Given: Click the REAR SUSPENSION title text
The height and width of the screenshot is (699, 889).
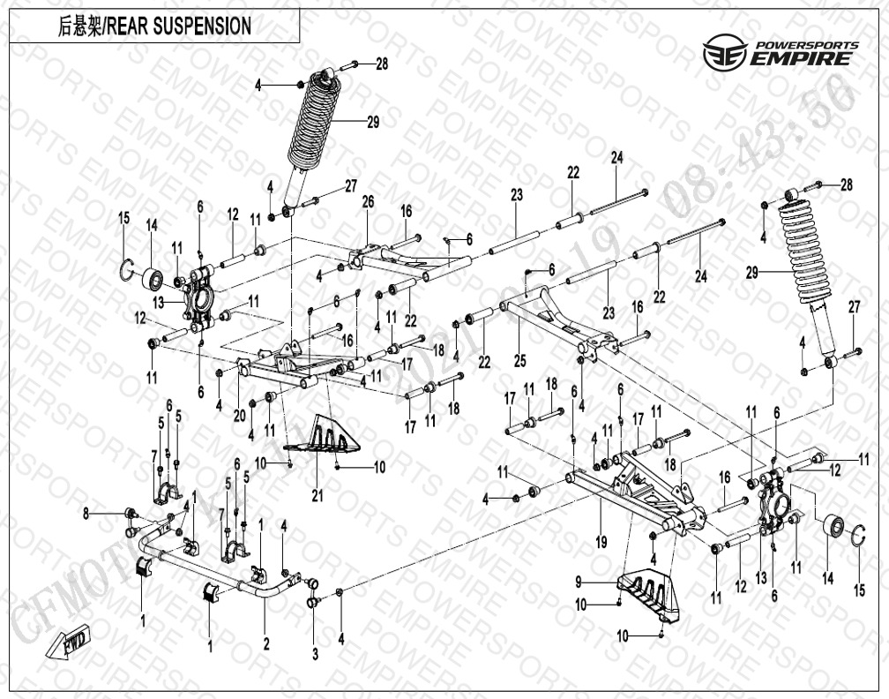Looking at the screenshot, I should (154, 26).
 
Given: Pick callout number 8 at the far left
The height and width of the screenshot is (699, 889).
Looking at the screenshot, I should (86, 513).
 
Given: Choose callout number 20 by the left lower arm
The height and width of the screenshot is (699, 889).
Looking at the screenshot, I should (238, 416).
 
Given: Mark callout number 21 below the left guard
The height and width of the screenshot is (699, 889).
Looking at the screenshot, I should (317, 496).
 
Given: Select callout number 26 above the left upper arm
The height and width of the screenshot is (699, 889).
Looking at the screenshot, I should (369, 202).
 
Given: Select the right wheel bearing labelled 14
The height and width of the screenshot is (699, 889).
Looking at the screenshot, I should (833, 527).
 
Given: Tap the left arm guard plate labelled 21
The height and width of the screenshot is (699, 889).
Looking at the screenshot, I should (330, 438).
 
